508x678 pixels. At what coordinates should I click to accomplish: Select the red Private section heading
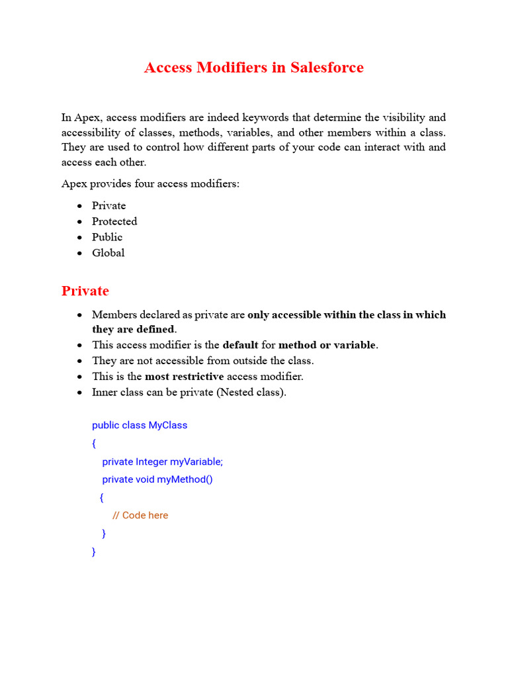85,291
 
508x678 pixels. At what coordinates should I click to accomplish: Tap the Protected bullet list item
114,221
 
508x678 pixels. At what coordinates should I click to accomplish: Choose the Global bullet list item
108,252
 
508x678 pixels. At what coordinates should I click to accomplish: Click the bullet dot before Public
79,238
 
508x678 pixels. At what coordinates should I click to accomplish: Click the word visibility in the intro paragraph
396,117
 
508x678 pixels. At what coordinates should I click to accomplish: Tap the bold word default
240,345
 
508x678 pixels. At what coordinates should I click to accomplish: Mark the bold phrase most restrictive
184,376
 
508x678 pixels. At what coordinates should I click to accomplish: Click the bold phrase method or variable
327,345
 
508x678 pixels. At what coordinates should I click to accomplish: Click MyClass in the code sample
167,425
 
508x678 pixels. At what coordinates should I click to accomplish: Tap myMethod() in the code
185,479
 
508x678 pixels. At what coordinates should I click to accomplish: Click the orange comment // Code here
140,515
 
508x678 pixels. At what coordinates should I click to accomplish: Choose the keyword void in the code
145,479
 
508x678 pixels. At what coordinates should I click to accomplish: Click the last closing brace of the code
94,552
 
